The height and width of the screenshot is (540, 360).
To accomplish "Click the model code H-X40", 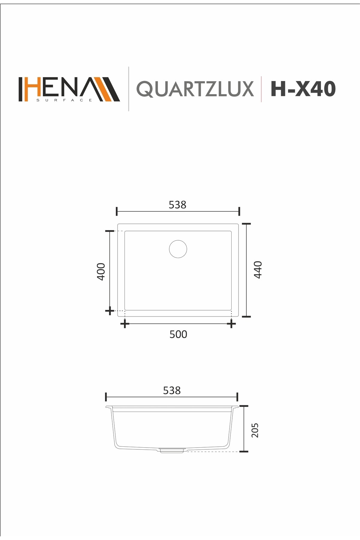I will [303, 89].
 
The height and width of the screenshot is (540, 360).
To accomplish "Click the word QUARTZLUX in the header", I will [195, 89].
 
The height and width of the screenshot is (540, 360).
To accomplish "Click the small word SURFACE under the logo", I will [64, 100].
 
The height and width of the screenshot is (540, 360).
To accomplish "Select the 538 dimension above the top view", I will [177, 205].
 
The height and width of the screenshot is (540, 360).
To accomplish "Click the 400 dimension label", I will [101, 271].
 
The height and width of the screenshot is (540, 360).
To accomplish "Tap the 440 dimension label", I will [258, 270].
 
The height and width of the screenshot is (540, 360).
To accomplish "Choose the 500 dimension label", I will [178, 334].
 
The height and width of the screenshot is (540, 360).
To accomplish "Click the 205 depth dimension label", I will [255, 430].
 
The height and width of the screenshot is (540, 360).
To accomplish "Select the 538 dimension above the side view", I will [172, 390].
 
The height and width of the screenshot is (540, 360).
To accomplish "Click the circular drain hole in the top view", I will [178, 249].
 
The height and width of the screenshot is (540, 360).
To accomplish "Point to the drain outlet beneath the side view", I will [172, 450].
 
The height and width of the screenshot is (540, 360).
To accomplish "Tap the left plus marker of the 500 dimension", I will [125, 324].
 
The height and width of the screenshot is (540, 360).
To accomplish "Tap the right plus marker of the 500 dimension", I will [231, 324].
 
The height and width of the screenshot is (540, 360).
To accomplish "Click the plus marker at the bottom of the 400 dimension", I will [109, 311].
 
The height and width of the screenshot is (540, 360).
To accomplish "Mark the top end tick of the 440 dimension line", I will [246, 224].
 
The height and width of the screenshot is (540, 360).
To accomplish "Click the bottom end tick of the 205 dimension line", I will [244, 451].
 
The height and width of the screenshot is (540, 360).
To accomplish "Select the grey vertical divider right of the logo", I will [129, 89].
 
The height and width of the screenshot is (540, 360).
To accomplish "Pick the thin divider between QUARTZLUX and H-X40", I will [261, 89].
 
